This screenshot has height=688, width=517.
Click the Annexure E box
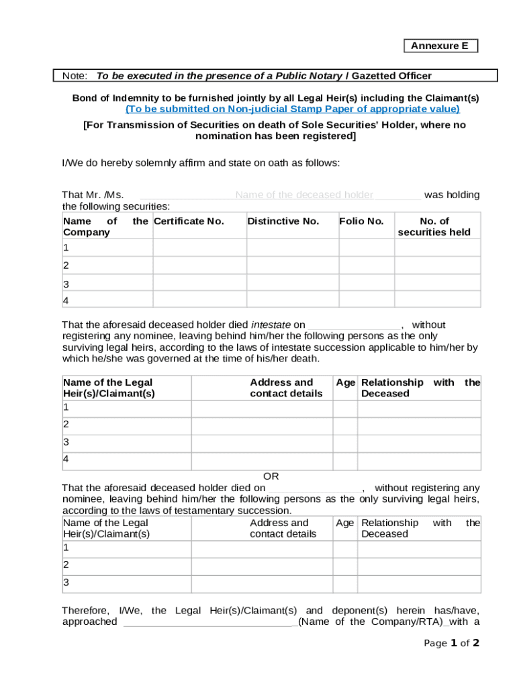pos(440,46)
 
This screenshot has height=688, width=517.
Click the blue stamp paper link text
pos(293,109)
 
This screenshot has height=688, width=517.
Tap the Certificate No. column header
pos(189,221)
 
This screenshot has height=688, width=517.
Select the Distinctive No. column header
pos(283,221)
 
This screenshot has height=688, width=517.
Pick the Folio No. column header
pos(361,221)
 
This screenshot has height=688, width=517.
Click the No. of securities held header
pos(434,226)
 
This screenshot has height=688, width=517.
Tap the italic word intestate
pos(271,325)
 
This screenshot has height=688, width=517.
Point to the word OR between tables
pos(271,476)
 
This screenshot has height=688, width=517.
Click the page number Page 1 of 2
pos(452,643)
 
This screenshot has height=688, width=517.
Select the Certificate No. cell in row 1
pos(199,247)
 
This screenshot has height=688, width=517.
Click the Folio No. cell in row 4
pos(366,300)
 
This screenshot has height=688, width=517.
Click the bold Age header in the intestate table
pos(345,382)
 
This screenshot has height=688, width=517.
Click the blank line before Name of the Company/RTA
pos(210,622)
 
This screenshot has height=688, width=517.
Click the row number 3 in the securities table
pos(66,284)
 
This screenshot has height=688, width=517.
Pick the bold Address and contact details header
pos(285,388)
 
